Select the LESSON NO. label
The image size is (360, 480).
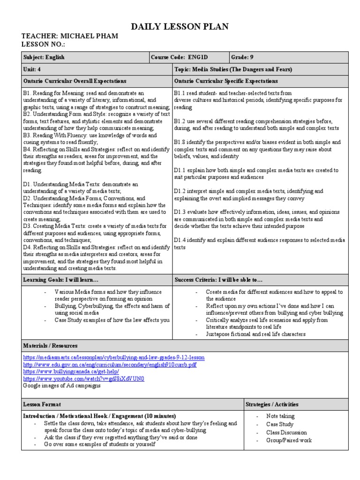(43, 44)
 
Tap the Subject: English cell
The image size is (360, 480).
(44, 58)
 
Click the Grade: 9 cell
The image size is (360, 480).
(242, 58)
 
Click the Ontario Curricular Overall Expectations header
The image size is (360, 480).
(75, 81)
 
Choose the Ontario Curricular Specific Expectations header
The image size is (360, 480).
(226, 81)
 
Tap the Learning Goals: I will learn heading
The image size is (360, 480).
(61, 280)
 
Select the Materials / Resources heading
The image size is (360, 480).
(50, 346)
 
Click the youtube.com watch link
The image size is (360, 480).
(83, 378)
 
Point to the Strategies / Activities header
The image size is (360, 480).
(272, 404)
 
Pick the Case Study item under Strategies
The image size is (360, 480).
(280, 425)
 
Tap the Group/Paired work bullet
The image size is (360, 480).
(289, 440)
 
